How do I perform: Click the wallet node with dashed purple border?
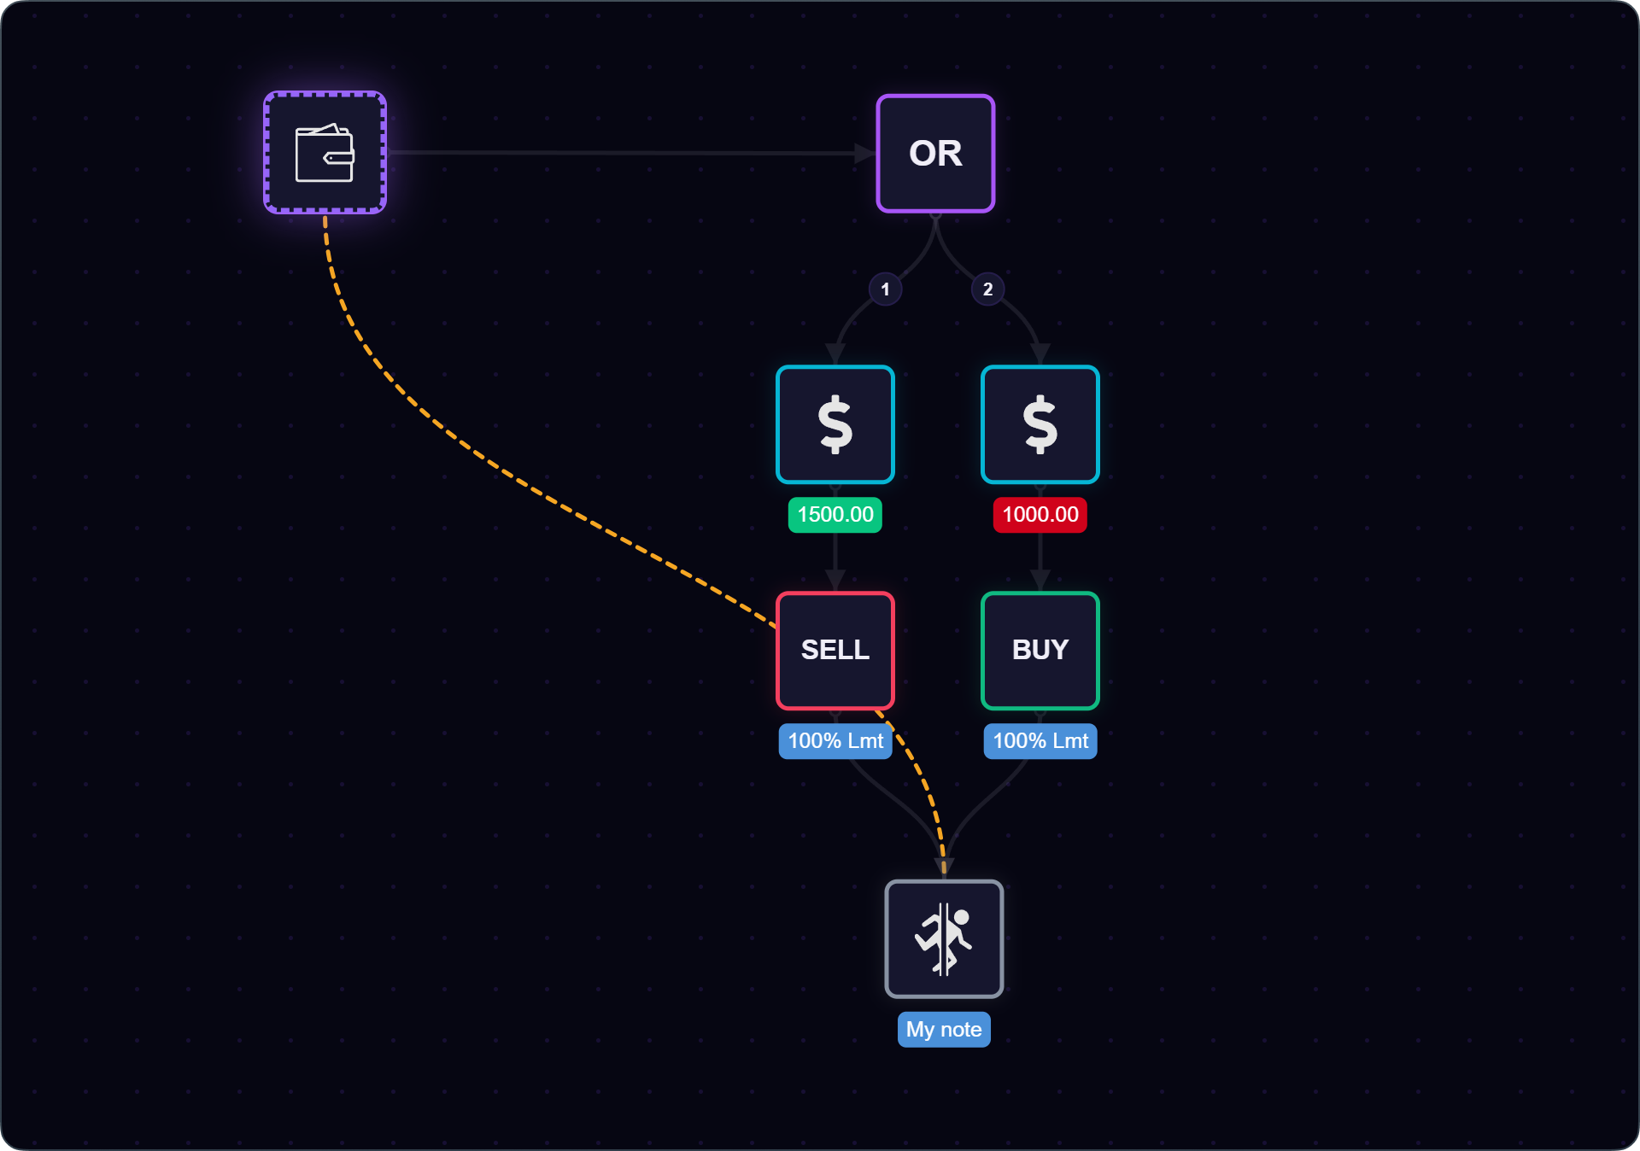(x=325, y=153)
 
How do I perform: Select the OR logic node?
(x=935, y=153)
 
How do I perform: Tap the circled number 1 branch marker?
(x=885, y=289)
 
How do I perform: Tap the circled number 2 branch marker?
(x=987, y=289)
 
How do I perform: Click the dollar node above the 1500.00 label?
(x=835, y=424)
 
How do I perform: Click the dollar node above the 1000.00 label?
(x=1040, y=424)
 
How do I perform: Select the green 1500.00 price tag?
(x=835, y=515)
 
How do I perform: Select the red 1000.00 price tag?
(x=1040, y=515)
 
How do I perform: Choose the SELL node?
(x=835, y=651)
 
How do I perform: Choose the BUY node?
(x=1040, y=651)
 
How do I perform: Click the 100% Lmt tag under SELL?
(x=835, y=741)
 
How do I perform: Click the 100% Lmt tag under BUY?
(x=1040, y=741)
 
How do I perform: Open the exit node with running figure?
(x=944, y=938)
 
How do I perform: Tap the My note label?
(x=944, y=1030)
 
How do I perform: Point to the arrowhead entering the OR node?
(x=865, y=153)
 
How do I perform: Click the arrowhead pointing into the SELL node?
(x=835, y=581)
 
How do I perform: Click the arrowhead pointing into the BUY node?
(x=1040, y=581)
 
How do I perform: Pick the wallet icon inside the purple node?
(x=325, y=153)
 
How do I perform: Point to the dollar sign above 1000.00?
(x=1040, y=424)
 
